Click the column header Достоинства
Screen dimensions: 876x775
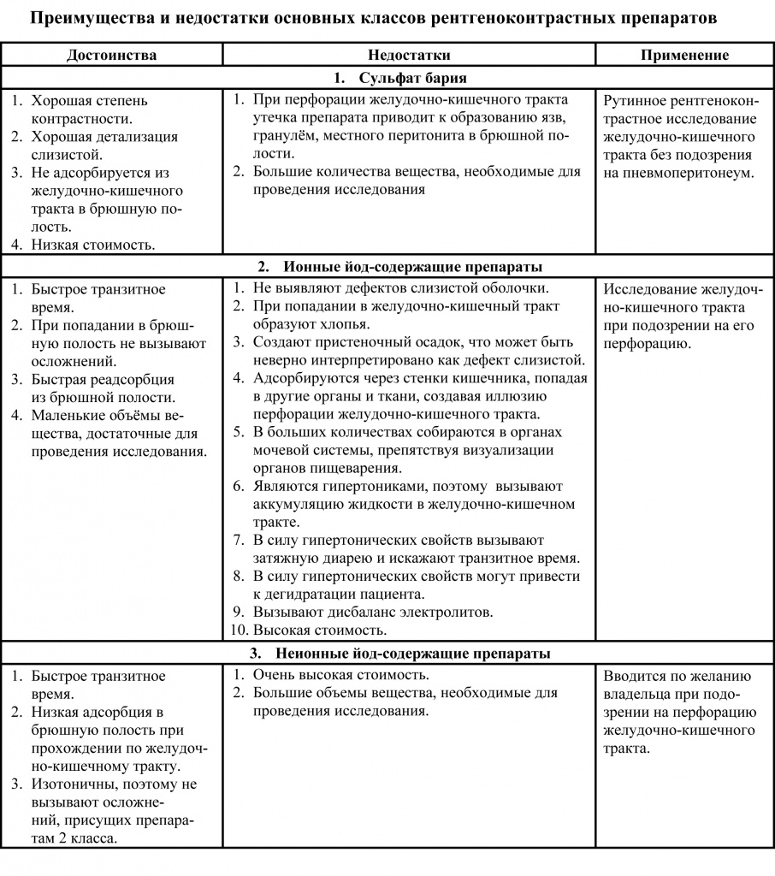click(x=111, y=55)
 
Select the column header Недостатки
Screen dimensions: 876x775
click(x=410, y=55)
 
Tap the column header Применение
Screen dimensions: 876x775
click(x=685, y=55)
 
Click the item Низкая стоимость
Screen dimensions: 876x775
click(x=93, y=245)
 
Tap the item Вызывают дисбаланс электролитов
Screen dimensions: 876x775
click(x=373, y=613)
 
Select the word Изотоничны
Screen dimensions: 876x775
click(x=72, y=784)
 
